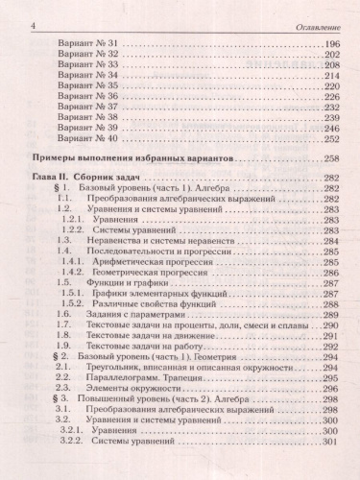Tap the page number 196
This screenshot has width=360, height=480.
click(333, 46)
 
